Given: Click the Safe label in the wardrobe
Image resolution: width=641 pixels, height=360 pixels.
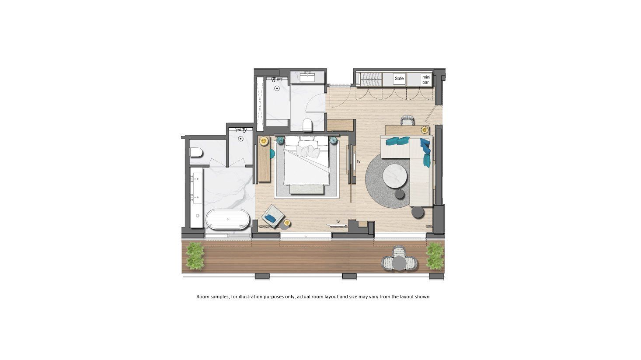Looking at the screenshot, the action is point(399,78).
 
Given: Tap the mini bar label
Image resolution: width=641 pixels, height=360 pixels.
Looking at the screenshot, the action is point(426,80).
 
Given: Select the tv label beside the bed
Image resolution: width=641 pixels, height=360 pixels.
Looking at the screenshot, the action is point(359,161).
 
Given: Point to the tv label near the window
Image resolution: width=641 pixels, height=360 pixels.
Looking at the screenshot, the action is point(338,221).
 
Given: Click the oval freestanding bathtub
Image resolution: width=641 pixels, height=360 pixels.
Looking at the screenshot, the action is point(228,219).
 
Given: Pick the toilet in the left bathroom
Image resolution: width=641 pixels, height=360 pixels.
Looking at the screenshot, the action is point(196,153).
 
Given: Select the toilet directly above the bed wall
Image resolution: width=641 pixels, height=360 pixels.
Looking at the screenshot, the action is point(307,125).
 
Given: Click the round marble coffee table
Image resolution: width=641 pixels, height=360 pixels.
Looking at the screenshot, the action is point(395,176).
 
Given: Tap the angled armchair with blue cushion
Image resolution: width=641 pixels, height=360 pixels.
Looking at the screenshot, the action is point(273,217).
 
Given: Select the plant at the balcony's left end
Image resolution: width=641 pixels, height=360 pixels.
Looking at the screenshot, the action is point(195,256).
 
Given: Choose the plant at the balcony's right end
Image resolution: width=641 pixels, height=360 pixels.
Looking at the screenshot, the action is point(435,256).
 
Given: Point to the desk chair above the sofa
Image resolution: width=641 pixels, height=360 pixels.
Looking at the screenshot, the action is point(408,120).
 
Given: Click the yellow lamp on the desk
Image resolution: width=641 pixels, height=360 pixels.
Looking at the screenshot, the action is point(425,130).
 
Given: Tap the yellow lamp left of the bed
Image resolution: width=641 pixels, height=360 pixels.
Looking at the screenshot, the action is point(264,141).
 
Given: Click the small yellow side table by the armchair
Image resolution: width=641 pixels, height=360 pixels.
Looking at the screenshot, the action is point(287,223).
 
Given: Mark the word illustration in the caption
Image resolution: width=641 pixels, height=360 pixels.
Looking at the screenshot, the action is point(250,297).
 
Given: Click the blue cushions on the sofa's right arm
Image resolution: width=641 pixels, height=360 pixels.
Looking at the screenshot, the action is point(425,153).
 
